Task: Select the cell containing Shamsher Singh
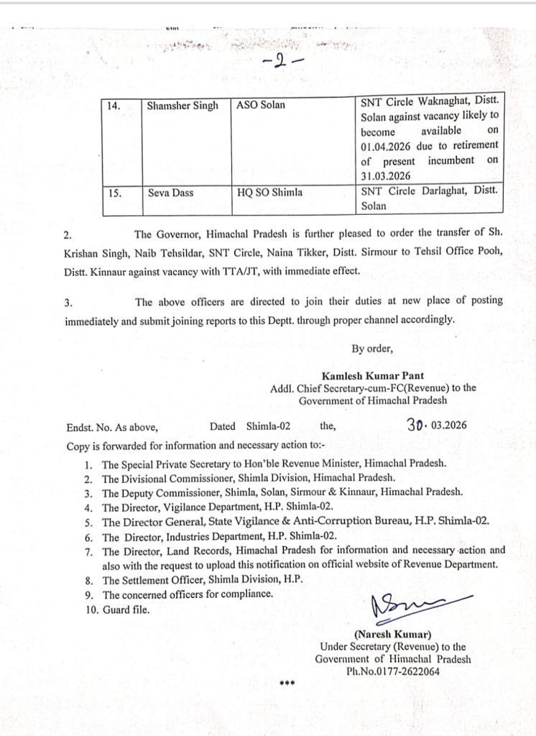pyautogui.click(x=182, y=106)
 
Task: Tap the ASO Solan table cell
pyautogui.click(x=261, y=106)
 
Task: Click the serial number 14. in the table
pyautogui.click(x=114, y=106)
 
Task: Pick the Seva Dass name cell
pyautogui.click(x=170, y=193)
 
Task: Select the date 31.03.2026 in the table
pyautogui.click(x=386, y=175)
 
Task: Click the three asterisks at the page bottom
pyautogui.click(x=287, y=683)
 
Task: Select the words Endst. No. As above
pyautogui.click(x=108, y=426)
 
